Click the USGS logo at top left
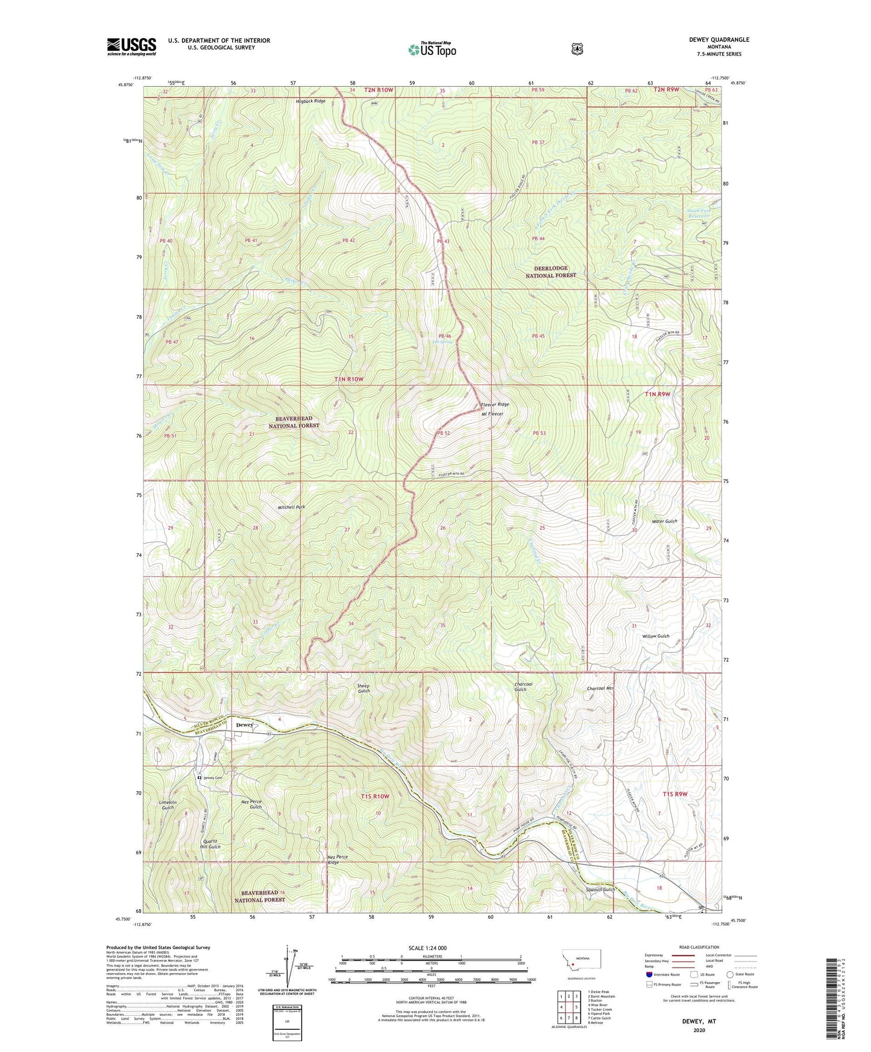pos(131,46)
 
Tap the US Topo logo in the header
pos(431,49)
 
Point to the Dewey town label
pos(244,725)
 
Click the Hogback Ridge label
pos(310,101)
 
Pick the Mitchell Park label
pos(291,507)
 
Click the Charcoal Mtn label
pos(600,688)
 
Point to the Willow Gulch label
pos(655,636)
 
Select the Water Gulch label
pos(664,521)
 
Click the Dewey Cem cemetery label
pos(212,778)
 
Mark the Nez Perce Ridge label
pos(338,859)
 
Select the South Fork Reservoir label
pos(699,213)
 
